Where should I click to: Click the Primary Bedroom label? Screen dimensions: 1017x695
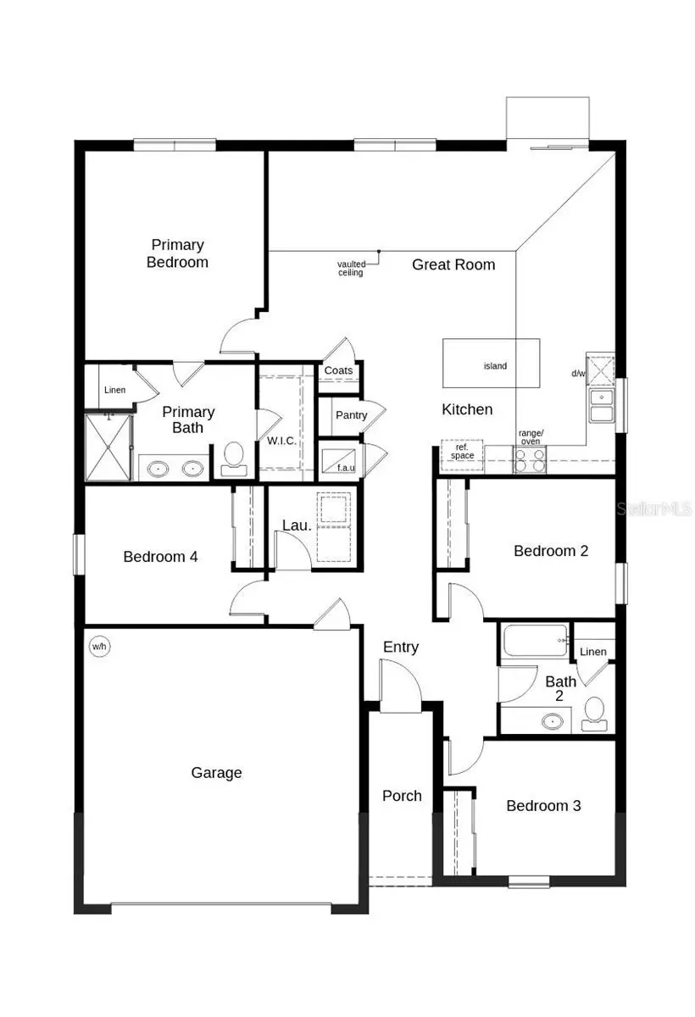(x=177, y=253)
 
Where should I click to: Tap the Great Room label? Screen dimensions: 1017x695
(x=453, y=264)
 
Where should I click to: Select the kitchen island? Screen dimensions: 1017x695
(x=492, y=364)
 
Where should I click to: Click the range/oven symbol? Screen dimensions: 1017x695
(x=531, y=458)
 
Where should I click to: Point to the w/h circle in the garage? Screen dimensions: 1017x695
(x=100, y=647)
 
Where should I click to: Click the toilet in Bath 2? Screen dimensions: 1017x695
(x=594, y=713)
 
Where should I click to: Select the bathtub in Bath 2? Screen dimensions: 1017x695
(x=535, y=642)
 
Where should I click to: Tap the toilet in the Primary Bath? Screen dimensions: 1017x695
(x=232, y=458)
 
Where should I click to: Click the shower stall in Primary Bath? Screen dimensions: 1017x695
(x=108, y=447)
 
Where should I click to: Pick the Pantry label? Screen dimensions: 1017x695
(x=351, y=415)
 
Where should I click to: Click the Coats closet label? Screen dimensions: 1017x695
(x=338, y=371)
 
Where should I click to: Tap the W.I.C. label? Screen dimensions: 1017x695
(x=281, y=441)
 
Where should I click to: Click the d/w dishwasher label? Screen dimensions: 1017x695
(x=579, y=373)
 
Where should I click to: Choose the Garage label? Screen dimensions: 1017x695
(x=216, y=772)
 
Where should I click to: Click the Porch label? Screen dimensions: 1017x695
(x=402, y=795)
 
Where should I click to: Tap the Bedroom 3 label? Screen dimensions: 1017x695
(x=543, y=805)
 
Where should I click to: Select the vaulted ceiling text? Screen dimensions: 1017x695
(x=350, y=268)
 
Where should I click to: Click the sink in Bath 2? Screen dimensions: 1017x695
(x=553, y=721)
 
